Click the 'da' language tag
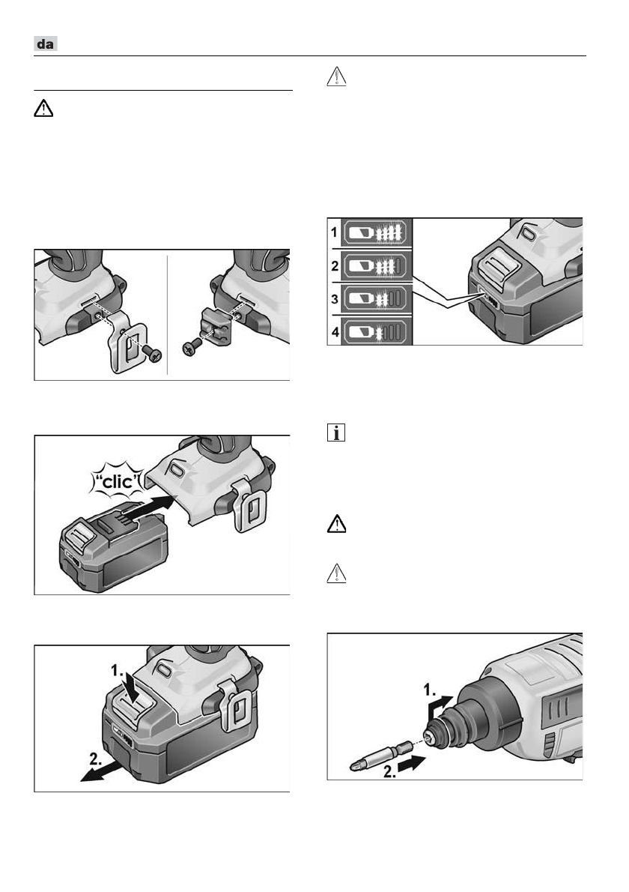pyautogui.click(x=46, y=43)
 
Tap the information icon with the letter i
pyautogui.click(x=336, y=433)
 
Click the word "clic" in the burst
pyautogui.click(x=118, y=481)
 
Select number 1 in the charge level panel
pyautogui.click(x=335, y=232)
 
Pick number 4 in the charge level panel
pyautogui.click(x=335, y=331)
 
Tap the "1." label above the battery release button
pyautogui.click(x=117, y=671)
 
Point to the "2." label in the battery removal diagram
pyautogui.click(x=96, y=758)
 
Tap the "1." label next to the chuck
pyautogui.click(x=430, y=690)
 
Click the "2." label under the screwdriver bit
pyautogui.click(x=390, y=771)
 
